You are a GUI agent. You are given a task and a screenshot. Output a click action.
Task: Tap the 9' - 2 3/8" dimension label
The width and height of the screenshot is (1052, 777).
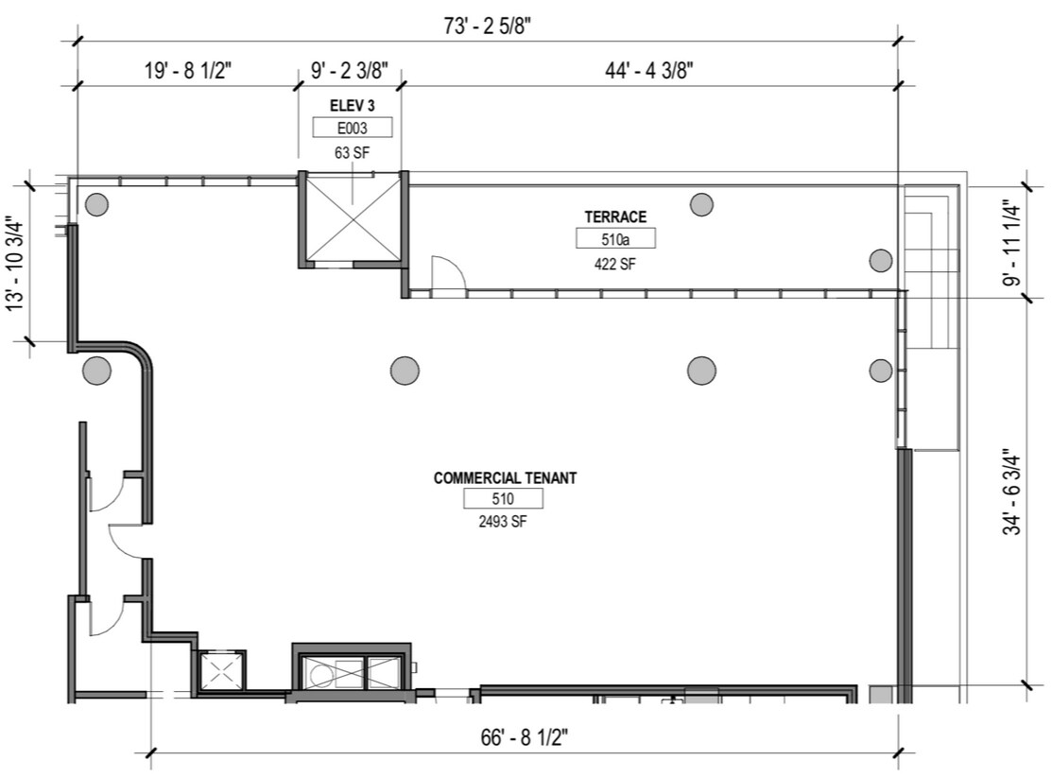(349, 70)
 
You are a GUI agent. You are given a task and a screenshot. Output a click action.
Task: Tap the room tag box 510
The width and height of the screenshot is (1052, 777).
(503, 498)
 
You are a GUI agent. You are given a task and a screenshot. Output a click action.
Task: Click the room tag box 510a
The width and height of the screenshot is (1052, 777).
(615, 238)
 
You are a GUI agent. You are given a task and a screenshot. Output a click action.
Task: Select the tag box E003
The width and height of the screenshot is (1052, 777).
(352, 129)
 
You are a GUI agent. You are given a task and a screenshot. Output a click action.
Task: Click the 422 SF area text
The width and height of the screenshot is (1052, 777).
(615, 263)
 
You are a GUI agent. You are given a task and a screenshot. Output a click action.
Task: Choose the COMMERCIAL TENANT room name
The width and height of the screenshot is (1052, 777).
(505, 478)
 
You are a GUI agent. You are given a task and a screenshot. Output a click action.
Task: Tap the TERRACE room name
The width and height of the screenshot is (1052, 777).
(615, 217)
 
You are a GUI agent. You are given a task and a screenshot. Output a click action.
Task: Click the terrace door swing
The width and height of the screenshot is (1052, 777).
(445, 275)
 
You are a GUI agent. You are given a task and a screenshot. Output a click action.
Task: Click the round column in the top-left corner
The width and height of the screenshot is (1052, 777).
(96, 203)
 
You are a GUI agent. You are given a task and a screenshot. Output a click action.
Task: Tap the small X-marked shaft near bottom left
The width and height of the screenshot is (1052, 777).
(219, 672)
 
